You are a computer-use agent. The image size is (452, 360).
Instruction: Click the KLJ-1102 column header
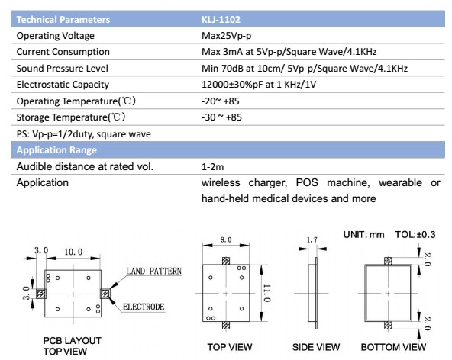(x=221, y=20)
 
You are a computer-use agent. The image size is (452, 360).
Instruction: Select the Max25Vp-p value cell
(x=226, y=36)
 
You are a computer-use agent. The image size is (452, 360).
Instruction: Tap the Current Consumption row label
(x=63, y=52)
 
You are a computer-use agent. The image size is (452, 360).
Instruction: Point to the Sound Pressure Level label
(x=63, y=69)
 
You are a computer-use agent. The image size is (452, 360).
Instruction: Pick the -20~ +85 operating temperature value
(x=221, y=101)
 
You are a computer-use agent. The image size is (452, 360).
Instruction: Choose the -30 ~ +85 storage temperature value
(x=221, y=117)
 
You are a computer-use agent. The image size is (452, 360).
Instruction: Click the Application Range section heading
(x=56, y=150)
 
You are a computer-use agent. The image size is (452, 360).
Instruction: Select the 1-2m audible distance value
(x=213, y=167)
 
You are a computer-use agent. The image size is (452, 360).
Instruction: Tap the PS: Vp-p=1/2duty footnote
(x=84, y=134)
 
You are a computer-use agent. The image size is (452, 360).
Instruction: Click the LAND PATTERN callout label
(x=154, y=271)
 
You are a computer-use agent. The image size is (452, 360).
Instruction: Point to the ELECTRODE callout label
(x=144, y=307)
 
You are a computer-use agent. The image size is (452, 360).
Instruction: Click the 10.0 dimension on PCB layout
(x=73, y=252)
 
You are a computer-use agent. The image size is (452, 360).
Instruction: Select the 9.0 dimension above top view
(x=226, y=239)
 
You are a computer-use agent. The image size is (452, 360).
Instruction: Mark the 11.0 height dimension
(x=267, y=293)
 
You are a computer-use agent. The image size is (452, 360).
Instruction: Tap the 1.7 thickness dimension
(x=312, y=239)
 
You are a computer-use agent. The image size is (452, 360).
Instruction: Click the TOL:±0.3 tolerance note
(x=415, y=235)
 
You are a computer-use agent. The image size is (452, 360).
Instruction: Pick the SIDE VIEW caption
(x=316, y=347)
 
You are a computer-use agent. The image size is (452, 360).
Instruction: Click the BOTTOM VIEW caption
(x=393, y=347)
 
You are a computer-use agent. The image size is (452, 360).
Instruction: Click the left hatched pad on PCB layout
(x=41, y=294)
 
